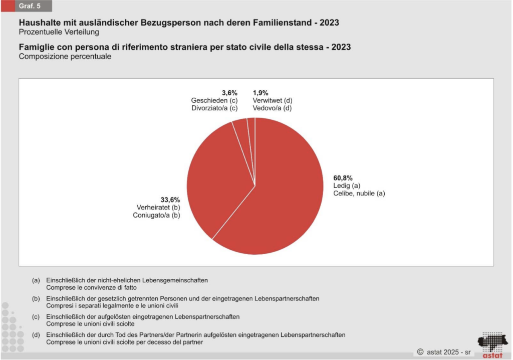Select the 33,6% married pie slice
pos(215,175)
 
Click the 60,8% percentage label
pos(343,178)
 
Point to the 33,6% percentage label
pos(170,199)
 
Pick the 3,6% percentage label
pos(229,93)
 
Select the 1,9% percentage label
pos(261,93)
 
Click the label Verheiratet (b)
pos(158,207)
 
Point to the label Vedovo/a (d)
pos(272,108)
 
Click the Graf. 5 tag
pos(30,7)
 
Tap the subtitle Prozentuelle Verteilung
pos(59,32)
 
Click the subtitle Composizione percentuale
pos(65,56)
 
